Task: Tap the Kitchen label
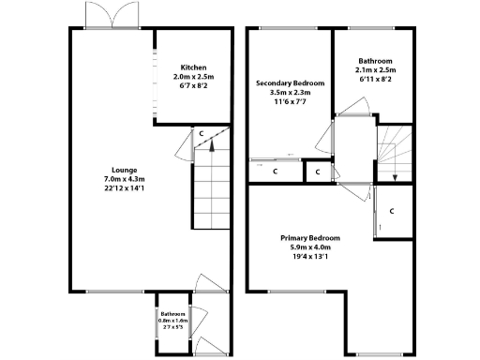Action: tap(194, 67)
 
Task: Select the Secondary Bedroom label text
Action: tap(291, 83)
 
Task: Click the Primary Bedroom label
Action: tap(310, 238)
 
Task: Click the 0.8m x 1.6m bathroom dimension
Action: tap(172, 321)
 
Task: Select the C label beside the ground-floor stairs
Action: tap(201, 134)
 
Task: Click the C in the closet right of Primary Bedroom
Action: tap(391, 210)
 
